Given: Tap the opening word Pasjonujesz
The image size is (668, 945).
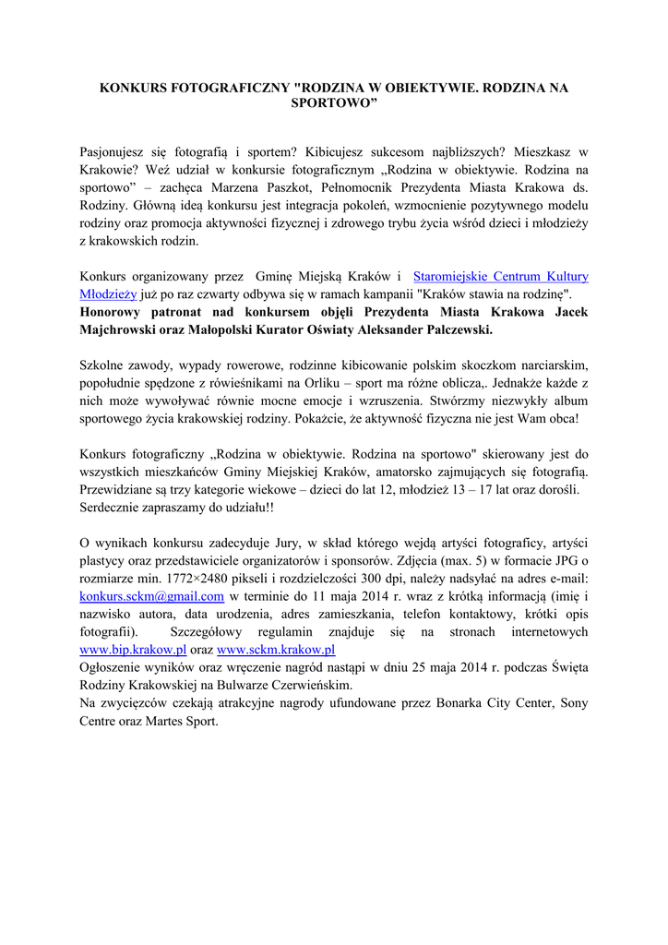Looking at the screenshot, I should pos(114,150).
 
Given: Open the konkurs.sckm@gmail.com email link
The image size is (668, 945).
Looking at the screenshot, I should pos(152,597).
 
